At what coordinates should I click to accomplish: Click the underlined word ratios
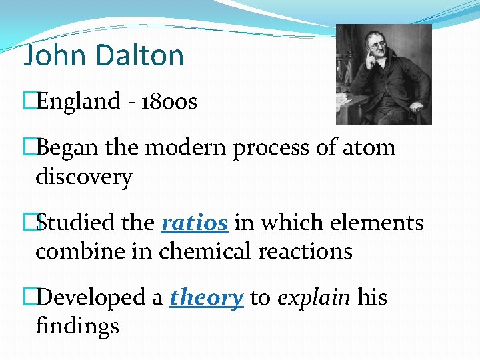point(195,223)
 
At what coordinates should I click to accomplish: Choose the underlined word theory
point(206,297)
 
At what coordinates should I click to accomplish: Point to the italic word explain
point(313,297)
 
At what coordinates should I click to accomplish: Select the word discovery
point(84,177)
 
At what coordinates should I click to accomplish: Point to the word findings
point(77,326)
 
